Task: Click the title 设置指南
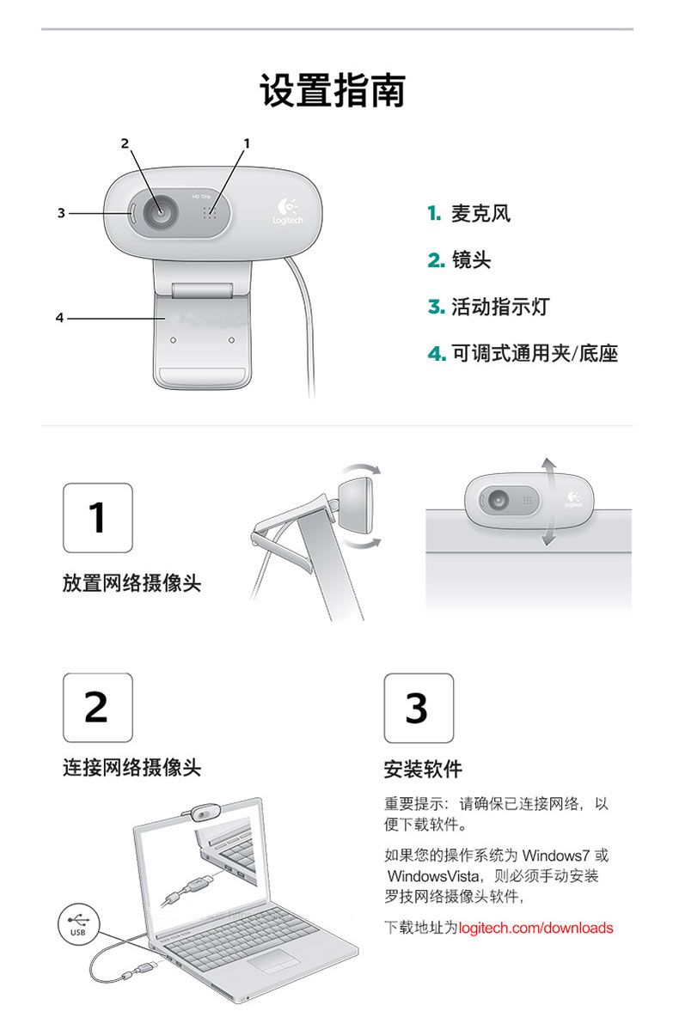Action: tap(333, 90)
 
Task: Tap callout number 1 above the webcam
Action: tap(246, 143)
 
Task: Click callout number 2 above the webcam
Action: tap(125, 143)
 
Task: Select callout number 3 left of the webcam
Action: tap(61, 213)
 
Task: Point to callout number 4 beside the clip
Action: tap(60, 317)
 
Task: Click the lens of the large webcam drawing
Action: tap(159, 210)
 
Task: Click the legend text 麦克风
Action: tap(480, 213)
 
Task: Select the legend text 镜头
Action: tap(470, 260)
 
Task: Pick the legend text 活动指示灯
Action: tap(500, 307)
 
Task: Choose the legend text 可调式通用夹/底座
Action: tap(535, 353)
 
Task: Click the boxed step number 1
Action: tap(98, 518)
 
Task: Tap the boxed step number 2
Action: tap(98, 707)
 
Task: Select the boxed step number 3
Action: tap(419, 708)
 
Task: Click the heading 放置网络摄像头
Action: tap(132, 583)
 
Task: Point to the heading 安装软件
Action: tap(424, 769)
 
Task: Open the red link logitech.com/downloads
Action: tap(535, 928)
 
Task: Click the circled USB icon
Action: tap(78, 924)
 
